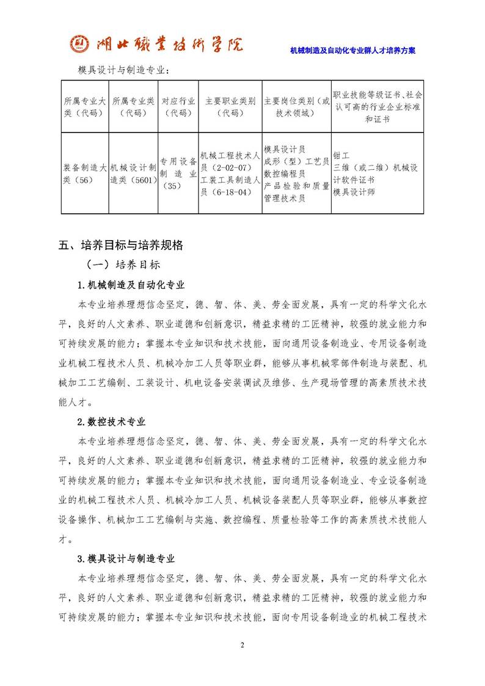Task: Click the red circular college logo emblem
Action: (78, 44)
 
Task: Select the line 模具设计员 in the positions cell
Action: (285, 149)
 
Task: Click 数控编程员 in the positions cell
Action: (285, 173)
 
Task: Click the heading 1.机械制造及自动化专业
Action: (131, 285)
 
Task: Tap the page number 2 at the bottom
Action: (242, 646)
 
